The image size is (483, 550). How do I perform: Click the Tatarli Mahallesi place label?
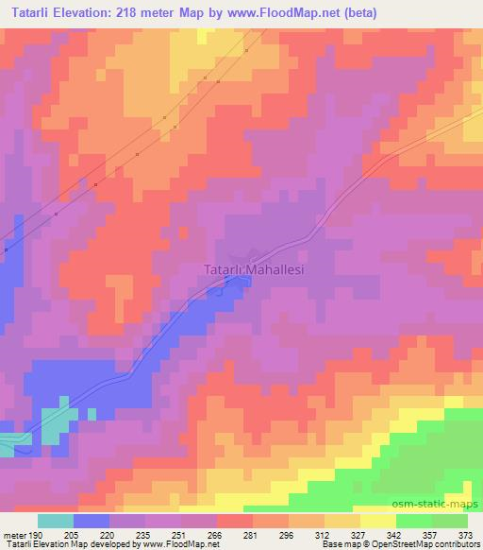[256, 269]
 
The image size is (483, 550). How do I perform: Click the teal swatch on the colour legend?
[56, 521]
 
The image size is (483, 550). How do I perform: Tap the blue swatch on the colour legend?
[92, 521]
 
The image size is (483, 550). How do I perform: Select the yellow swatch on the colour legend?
[378, 521]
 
